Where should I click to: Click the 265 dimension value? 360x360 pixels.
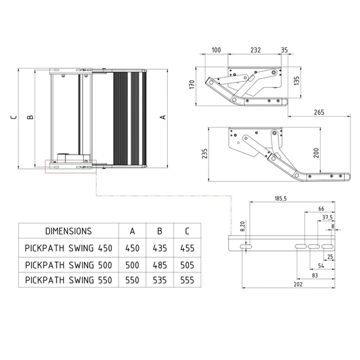click(319, 112)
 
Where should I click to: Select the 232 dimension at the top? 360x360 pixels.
click(255, 50)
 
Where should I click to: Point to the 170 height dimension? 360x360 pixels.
click(192, 85)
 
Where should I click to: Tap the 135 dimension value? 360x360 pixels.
click(297, 81)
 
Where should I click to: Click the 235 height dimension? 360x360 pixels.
click(204, 153)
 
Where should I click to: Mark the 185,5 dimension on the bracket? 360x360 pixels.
click(280, 198)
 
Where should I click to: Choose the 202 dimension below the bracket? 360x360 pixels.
click(298, 284)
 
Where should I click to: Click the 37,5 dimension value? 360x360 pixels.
click(327, 217)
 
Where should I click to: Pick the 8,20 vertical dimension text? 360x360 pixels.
click(243, 226)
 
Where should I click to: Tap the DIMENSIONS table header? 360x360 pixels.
click(69, 231)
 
